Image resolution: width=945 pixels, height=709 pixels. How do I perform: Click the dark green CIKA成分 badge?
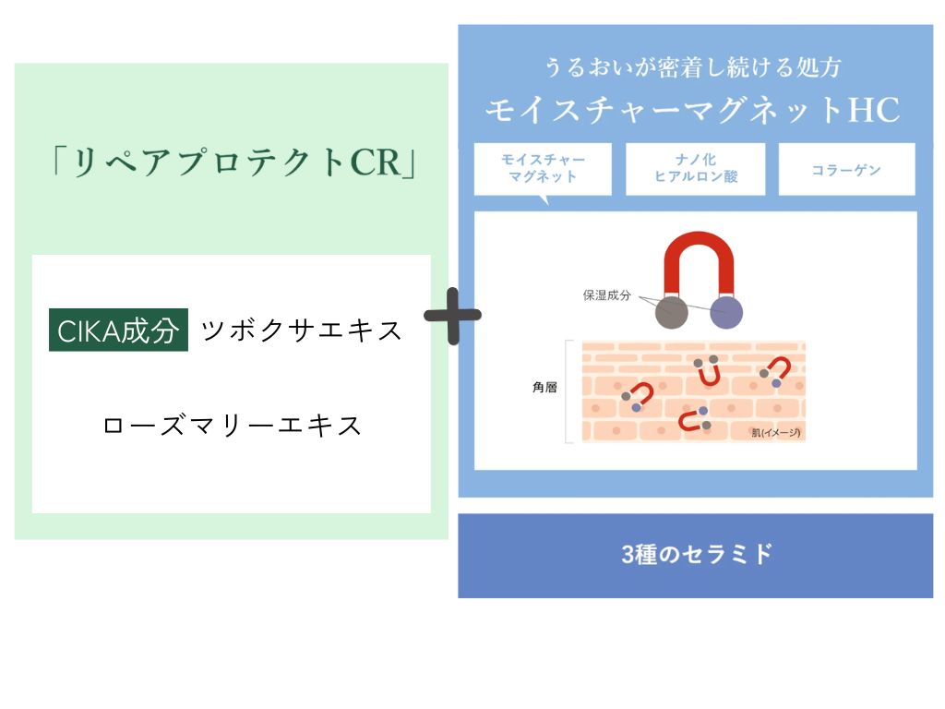point(118,330)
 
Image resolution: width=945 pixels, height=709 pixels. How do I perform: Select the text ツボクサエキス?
point(302,330)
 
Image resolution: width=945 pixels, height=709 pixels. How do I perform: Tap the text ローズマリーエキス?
point(233,426)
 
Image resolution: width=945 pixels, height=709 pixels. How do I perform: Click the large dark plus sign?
point(452,316)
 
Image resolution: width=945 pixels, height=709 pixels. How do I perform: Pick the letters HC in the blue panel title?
point(873,110)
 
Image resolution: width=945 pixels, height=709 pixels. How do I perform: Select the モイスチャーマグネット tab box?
point(543,168)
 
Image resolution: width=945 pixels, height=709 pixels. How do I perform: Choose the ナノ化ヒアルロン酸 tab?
point(695,168)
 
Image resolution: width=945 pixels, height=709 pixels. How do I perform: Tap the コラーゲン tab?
point(846,170)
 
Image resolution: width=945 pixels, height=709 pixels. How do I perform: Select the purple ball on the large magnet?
point(726,313)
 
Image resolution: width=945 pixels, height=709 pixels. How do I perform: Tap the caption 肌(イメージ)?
point(775,432)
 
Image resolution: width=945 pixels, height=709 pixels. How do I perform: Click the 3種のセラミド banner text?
point(696,555)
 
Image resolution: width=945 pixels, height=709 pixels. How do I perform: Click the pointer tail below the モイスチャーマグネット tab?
point(544,199)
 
